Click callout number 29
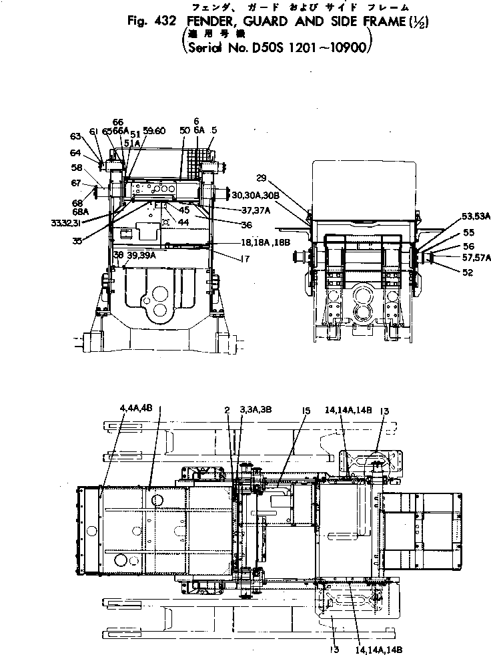pos(261,179)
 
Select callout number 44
pos(183,220)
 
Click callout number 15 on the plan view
pos(306,413)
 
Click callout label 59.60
pos(154,132)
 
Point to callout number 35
pos(77,241)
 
